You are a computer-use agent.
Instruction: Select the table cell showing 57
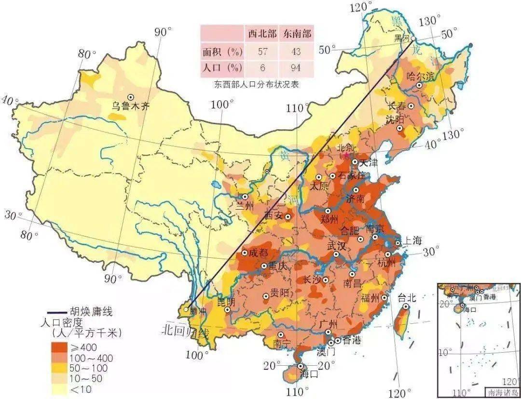(x=262, y=51)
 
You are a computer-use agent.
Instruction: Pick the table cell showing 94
(x=296, y=67)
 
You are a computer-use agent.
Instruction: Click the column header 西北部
(x=262, y=34)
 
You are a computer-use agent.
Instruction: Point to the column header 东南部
(x=296, y=34)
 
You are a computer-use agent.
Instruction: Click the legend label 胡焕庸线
(x=91, y=313)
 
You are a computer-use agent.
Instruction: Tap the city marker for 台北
(x=407, y=306)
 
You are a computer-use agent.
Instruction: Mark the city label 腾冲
(x=197, y=311)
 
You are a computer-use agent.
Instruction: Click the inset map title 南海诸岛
(x=502, y=392)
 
